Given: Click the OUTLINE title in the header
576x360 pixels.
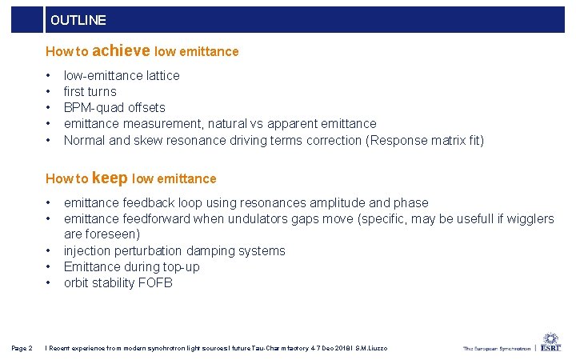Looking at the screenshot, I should tap(78, 20).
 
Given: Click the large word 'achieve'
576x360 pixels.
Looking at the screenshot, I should tap(122, 50).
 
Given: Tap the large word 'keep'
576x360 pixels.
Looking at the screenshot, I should tap(110, 178).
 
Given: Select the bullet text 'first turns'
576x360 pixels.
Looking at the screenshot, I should tap(90, 91).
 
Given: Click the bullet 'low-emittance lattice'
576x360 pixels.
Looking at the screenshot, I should tap(122, 75).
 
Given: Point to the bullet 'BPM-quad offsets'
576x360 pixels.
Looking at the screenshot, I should tap(114, 107).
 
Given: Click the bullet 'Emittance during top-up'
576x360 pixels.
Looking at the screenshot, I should tap(131, 266).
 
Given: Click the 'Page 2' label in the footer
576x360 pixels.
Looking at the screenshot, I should tap(22, 348).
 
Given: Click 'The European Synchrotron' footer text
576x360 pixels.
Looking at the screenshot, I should tap(496, 349).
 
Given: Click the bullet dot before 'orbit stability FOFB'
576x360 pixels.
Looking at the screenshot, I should tap(49, 282).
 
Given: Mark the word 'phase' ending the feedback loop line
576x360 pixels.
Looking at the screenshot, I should tap(411, 202).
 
